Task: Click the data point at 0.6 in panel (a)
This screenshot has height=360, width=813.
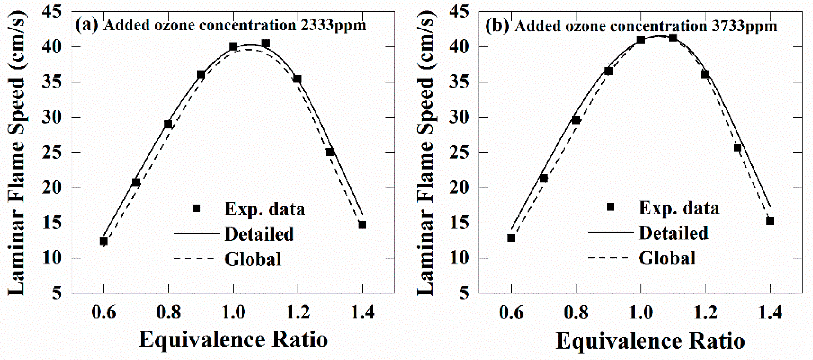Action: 104,241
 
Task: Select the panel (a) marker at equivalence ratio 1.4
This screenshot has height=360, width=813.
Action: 362,225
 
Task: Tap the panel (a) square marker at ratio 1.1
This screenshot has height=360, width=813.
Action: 266,43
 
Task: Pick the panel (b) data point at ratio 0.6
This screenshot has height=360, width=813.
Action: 511,238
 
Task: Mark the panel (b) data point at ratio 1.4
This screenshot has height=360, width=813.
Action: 770,221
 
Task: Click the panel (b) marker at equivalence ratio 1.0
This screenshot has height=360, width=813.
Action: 641,40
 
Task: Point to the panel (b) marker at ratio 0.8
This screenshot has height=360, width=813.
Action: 576,120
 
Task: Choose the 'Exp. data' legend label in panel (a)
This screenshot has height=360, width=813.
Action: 265,209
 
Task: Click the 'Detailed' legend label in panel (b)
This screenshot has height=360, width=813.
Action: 674,233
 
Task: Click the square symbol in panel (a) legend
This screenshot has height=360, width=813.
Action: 196,208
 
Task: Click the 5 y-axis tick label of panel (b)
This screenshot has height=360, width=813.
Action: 463,293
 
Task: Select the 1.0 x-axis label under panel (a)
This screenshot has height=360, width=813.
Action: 233,312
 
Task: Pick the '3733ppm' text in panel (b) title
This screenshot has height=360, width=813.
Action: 744,26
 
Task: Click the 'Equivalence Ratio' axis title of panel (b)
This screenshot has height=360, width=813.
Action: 650,341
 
